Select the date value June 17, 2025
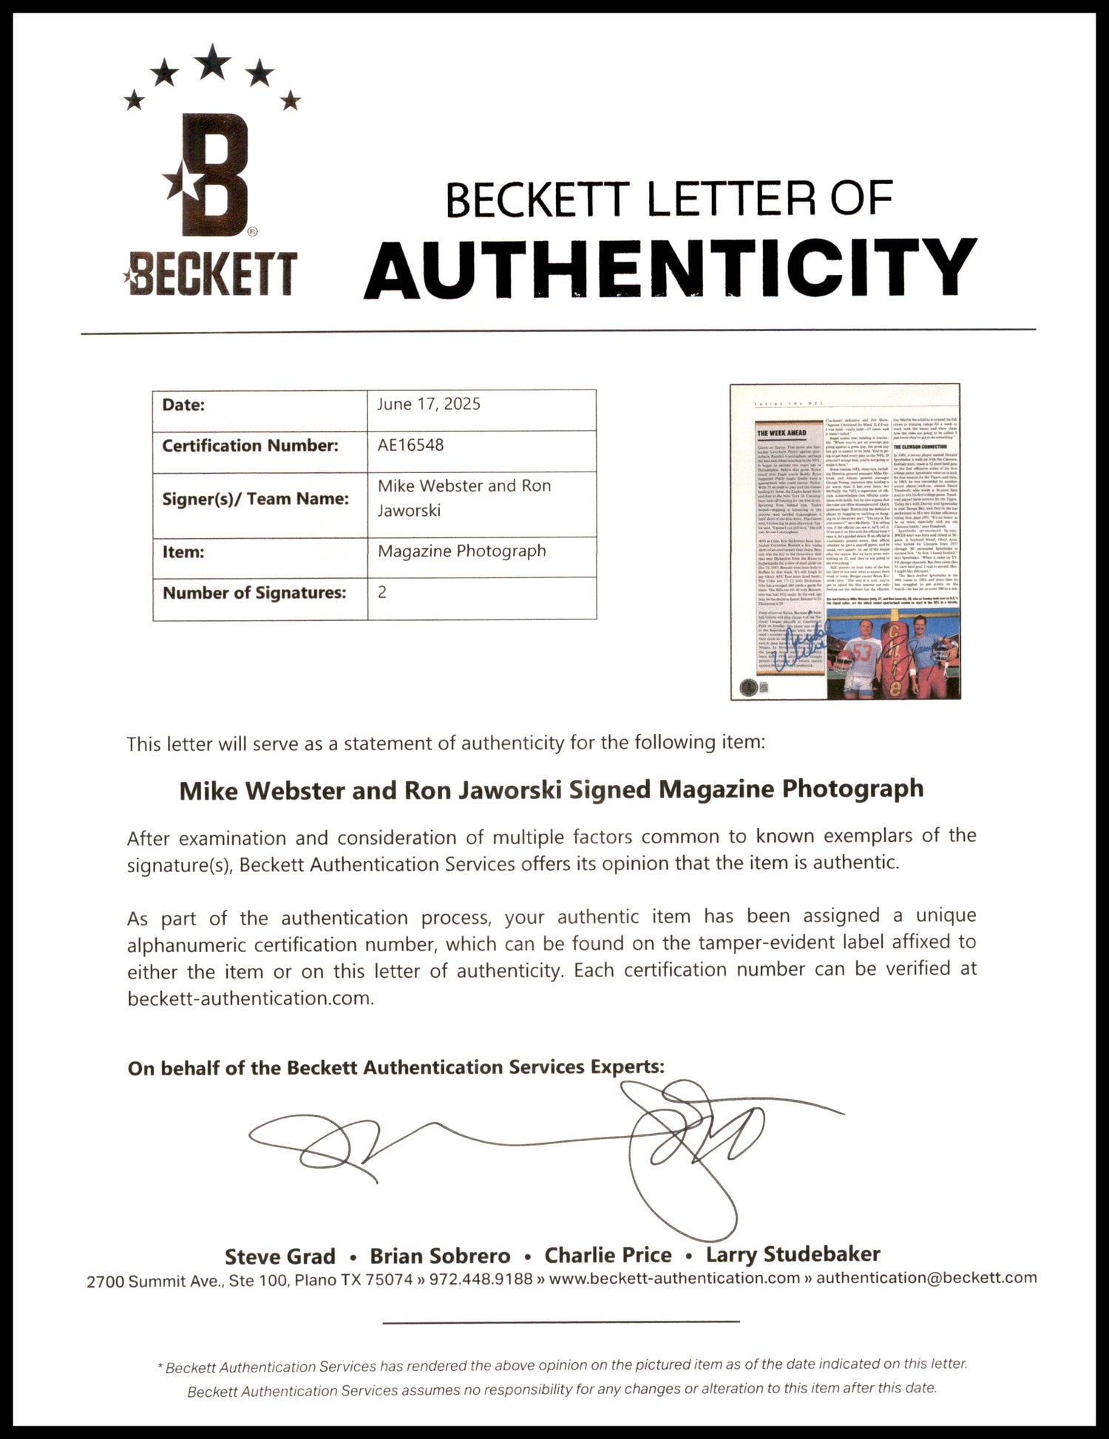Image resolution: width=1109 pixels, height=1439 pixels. click(x=429, y=404)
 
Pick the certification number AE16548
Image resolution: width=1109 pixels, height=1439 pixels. click(x=410, y=445)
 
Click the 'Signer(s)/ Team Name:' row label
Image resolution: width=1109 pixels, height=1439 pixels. click(x=255, y=498)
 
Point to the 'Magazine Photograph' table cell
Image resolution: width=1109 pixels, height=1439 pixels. click(x=461, y=551)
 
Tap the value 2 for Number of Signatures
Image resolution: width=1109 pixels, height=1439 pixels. click(x=382, y=592)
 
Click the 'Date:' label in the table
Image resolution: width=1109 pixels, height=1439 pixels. click(x=183, y=404)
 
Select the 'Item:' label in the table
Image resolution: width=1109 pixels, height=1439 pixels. click(x=183, y=551)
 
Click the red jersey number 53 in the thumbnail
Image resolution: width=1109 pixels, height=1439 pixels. click(x=861, y=653)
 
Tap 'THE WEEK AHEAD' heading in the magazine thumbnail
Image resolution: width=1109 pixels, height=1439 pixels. click(x=781, y=432)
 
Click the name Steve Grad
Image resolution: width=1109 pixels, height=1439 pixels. click(x=279, y=1256)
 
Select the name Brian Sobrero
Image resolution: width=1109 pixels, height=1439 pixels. click(x=440, y=1256)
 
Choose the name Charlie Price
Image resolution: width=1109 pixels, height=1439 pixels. click(x=608, y=1255)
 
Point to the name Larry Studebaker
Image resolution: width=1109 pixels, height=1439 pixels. click(x=793, y=1254)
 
